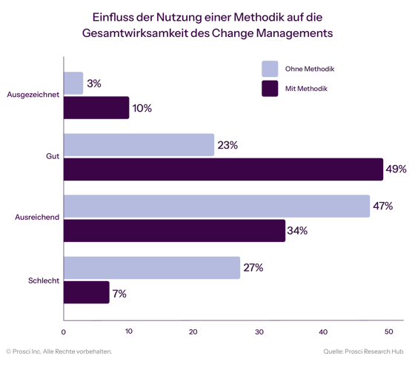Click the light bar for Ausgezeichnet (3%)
pos(73,84)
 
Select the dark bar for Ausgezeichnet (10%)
pos(96,108)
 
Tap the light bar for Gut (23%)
pos(139,145)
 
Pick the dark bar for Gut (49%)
pos(223,169)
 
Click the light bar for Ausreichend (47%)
pos(217,206)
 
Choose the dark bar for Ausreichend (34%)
pos(174,231)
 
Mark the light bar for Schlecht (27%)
pos(152,268)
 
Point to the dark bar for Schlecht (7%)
pos(87,292)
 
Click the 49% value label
pos(396,169)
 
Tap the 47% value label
pos(382,206)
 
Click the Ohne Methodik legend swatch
pos(270,69)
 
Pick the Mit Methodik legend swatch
pos(270,89)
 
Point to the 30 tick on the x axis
pos(259,331)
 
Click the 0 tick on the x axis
pos(64,331)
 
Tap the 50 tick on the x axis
pos(388,331)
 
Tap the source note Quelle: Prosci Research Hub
pos(363,351)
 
